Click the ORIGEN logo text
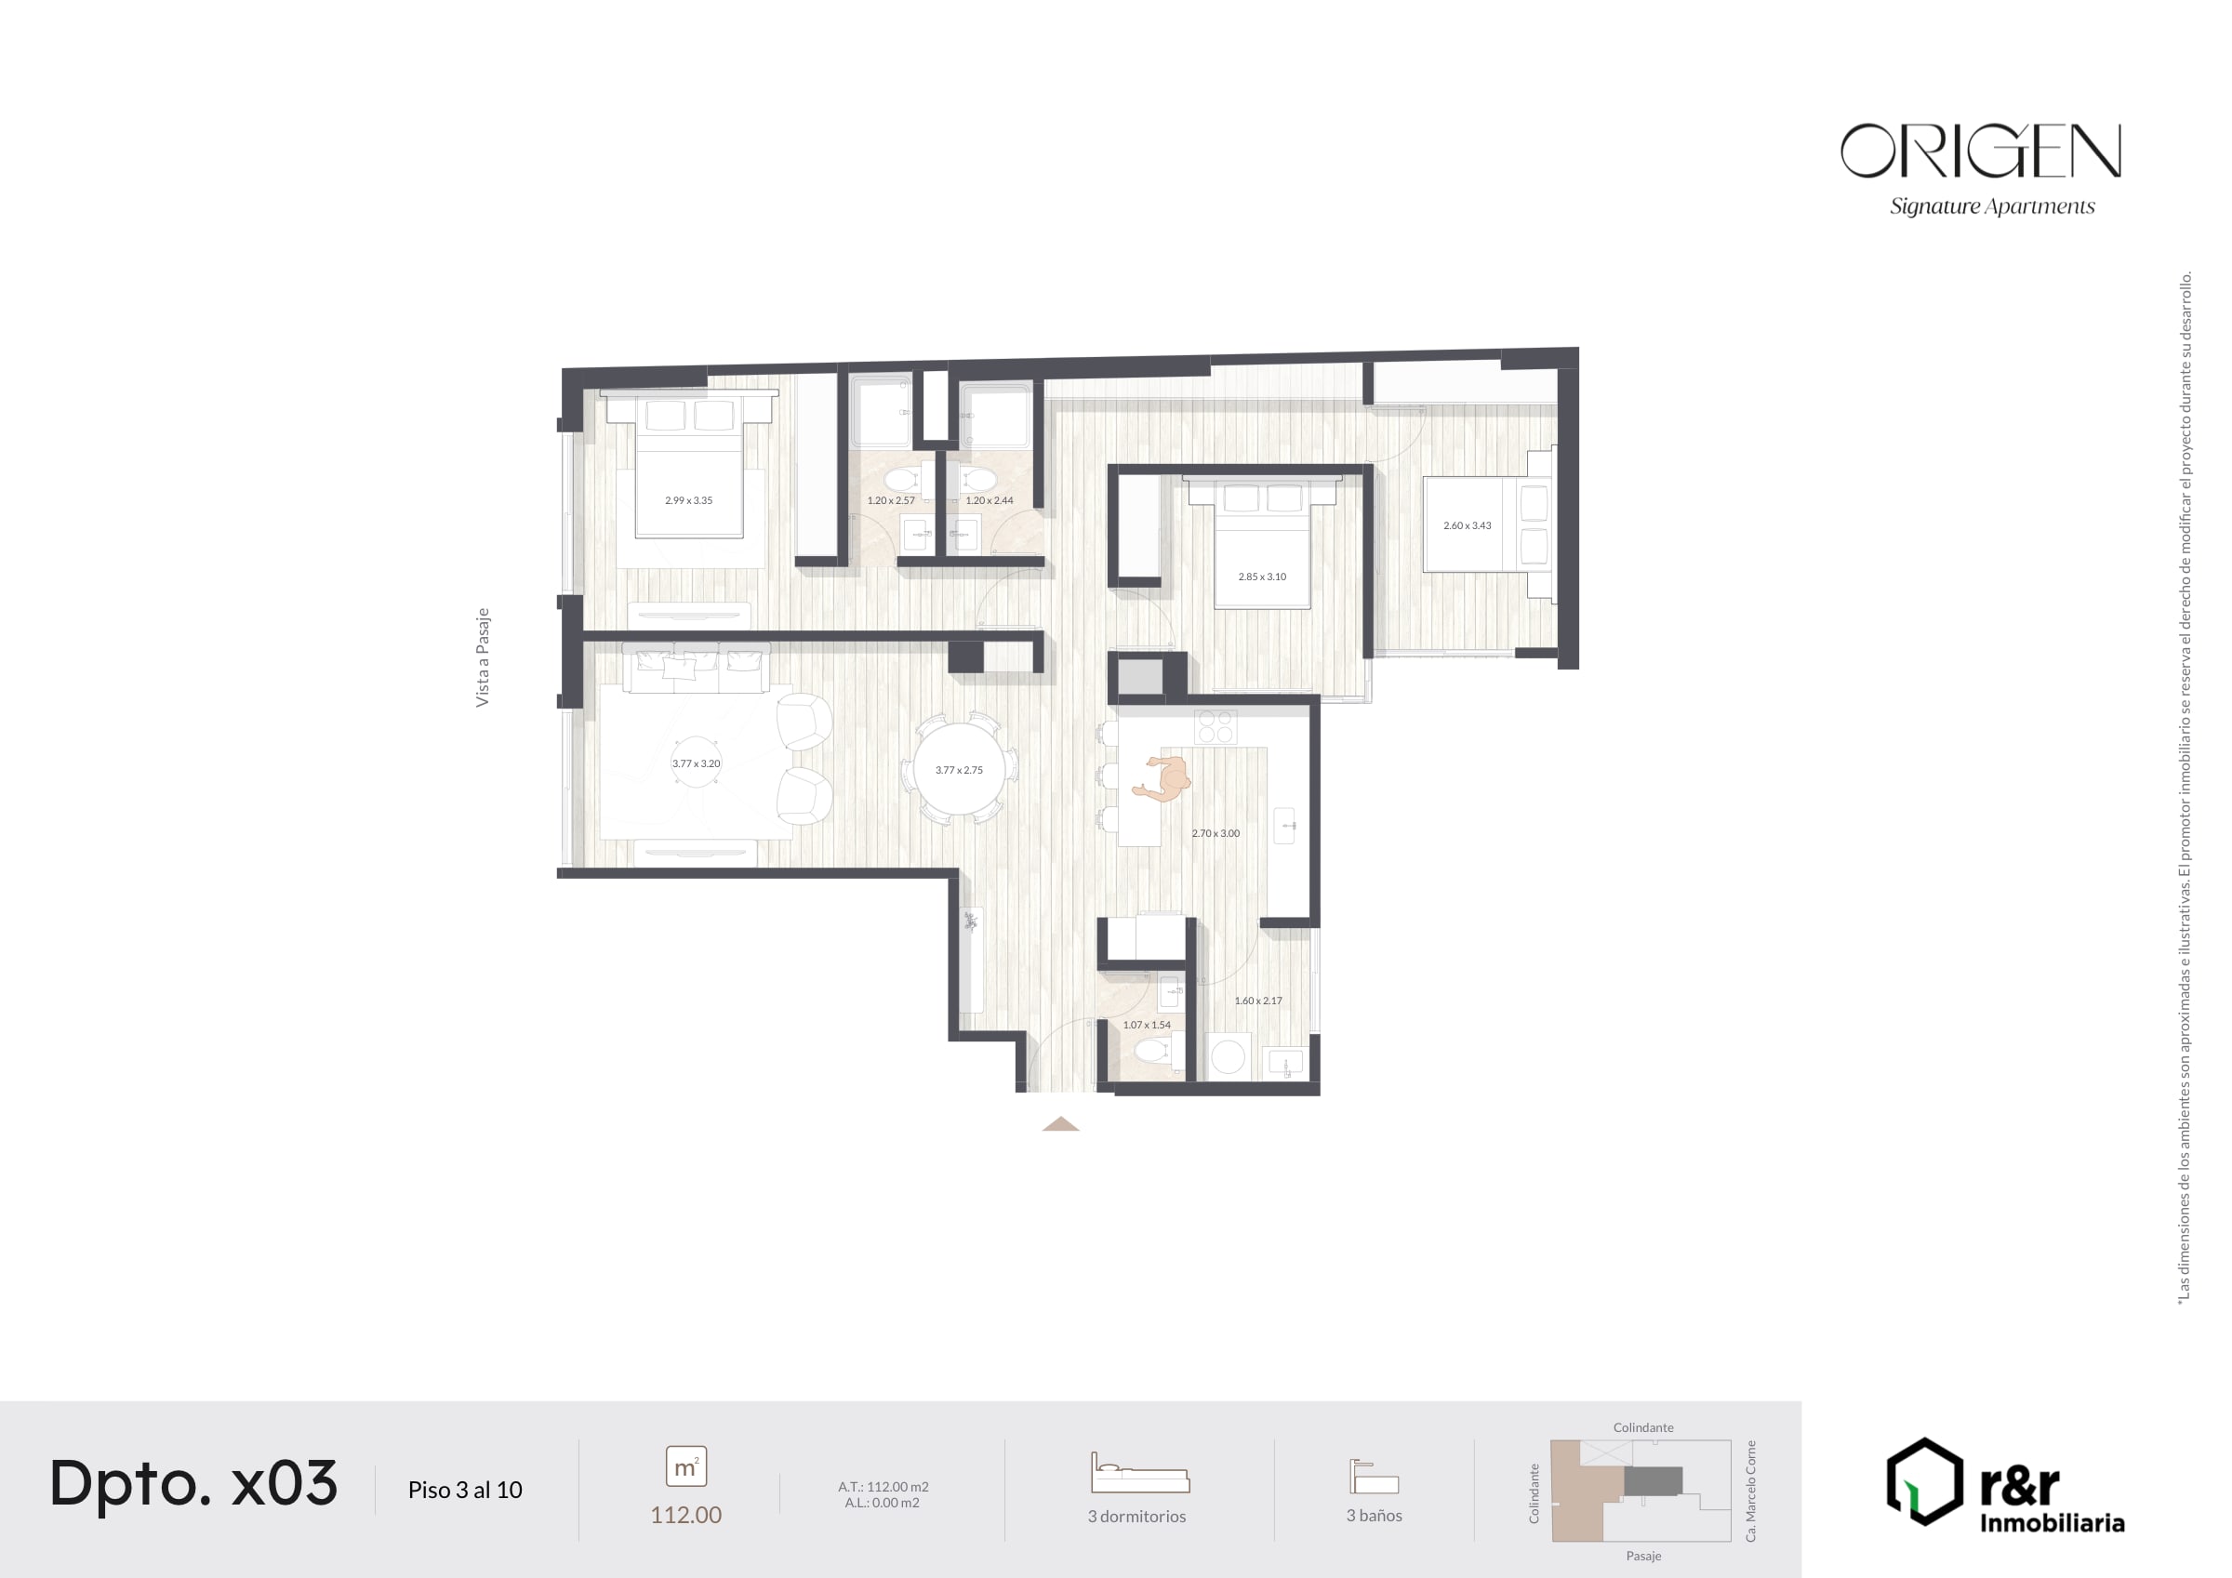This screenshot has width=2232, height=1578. (1980, 151)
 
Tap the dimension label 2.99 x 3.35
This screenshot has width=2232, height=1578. (688, 500)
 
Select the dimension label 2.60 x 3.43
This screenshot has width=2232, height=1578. (1467, 526)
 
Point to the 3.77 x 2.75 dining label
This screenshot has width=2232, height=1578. (959, 770)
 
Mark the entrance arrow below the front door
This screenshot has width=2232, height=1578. (1060, 1124)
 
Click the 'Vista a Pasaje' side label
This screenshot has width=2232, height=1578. (482, 657)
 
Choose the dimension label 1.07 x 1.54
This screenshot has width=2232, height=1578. (1147, 1025)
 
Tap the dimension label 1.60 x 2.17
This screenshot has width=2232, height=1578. (1258, 1001)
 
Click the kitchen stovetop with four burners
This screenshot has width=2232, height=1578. (1216, 726)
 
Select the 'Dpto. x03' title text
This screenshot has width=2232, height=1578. (193, 1484)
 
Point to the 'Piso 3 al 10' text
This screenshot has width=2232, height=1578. (465, 1490)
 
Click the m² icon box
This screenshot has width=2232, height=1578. (686, 1466)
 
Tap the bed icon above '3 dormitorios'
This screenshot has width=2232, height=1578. (1140, 1473)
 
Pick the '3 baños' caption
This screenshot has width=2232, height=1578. (1374, 1516)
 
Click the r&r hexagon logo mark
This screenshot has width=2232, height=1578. (1925, 1481)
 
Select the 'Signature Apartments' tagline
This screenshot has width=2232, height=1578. (1992, 207)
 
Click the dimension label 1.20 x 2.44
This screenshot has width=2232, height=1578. (989, 500)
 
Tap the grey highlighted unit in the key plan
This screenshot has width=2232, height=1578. (1653, 1481)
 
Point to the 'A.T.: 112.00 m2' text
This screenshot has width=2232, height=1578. (883, 1487)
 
